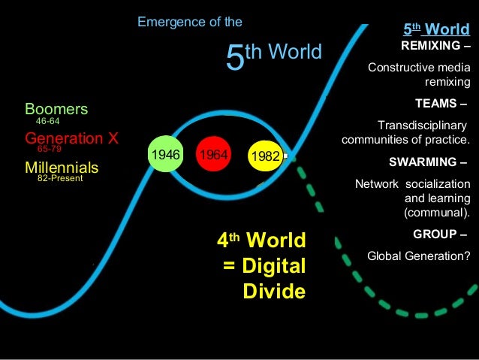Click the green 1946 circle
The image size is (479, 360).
165,155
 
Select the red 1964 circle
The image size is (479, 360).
214,155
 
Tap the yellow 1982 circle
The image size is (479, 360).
265,156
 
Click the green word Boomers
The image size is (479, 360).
56,109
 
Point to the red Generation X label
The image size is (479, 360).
72,138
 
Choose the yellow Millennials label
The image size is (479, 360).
62,167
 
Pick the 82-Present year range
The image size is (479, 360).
60,179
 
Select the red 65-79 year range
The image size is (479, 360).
50,149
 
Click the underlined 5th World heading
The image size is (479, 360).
436,30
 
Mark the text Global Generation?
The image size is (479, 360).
419,256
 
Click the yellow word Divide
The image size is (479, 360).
274,291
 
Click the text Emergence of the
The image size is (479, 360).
190,23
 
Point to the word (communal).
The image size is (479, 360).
437,213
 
